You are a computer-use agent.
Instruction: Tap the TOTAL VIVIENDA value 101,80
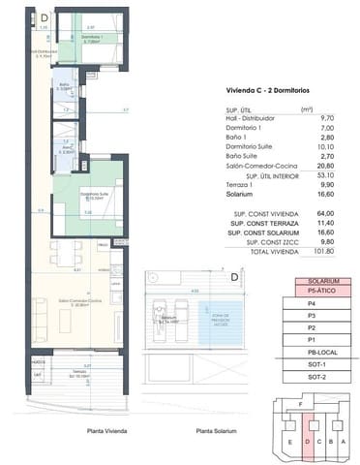(296, 251)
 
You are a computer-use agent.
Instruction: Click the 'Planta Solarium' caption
(216, 431)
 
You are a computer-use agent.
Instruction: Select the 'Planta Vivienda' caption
(107, 431)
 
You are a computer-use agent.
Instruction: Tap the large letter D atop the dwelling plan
(45, 16)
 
